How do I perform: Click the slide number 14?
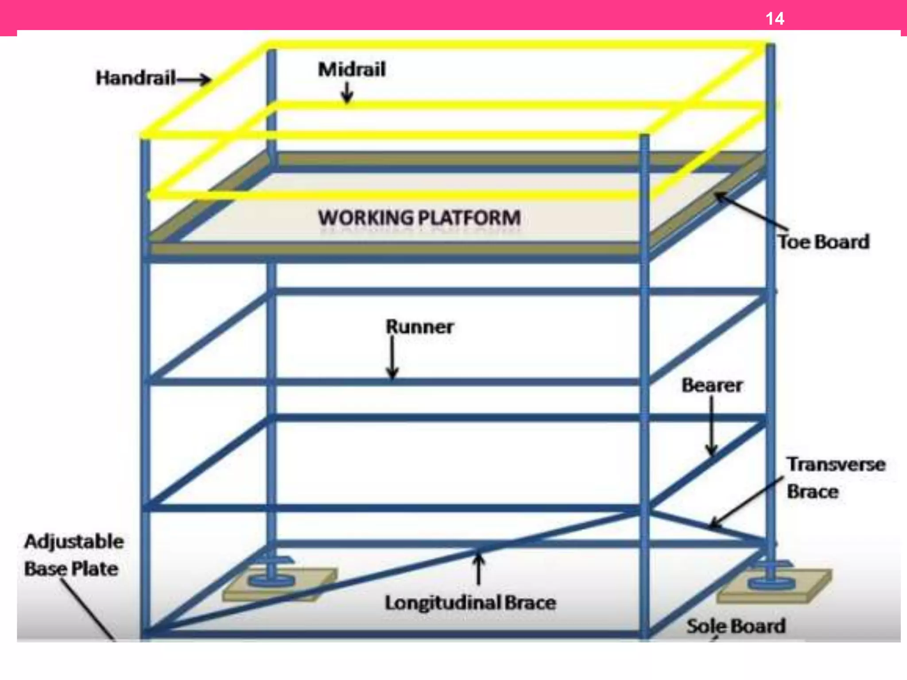pos(775,19)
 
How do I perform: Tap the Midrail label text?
pos(352,70)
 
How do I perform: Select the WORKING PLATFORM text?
pos(419,218)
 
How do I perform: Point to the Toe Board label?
pos(824,242)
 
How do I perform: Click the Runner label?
pos(419,327)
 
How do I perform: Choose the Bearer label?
pos(712,385)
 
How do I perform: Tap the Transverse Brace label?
pos(835,478)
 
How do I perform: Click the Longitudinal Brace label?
pos(470,603)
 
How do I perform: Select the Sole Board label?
pos(736,626)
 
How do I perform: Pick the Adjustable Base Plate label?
pos(74,555)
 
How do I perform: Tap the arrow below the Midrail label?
pos(347,93)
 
